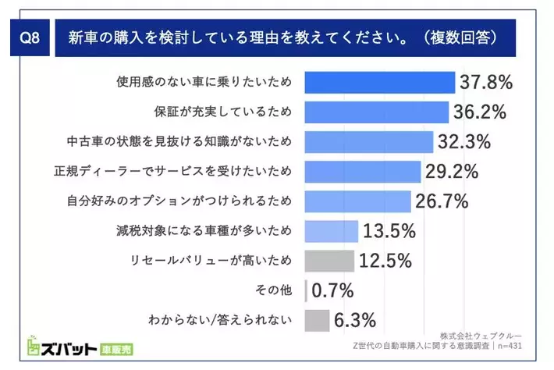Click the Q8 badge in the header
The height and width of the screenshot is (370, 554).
click(x=30, y=38)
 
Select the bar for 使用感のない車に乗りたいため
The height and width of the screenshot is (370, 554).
click(x=379, y=82)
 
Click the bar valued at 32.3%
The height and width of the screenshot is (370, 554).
click(x=368, y=141)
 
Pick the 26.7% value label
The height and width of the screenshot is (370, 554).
click(x=441, y=201)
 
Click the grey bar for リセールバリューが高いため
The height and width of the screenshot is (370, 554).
click(x=329, y=260)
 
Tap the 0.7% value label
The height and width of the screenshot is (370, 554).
click(x=333, y=290)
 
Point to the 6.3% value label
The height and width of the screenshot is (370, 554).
click(x=355, y=320)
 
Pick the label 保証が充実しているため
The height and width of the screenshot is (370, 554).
click(x=226, y=112)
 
